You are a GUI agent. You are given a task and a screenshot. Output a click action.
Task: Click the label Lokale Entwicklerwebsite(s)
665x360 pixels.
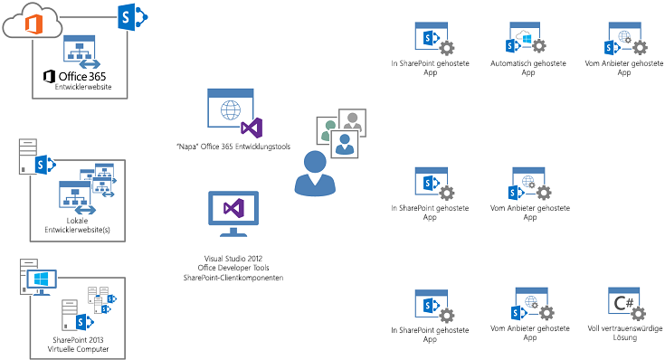[77, 225]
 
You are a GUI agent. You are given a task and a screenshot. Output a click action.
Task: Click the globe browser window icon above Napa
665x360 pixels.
[230, 109]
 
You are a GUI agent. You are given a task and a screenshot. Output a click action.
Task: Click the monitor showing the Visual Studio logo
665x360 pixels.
[233, 210]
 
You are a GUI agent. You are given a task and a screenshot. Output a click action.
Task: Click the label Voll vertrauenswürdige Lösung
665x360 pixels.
[632, 333]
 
